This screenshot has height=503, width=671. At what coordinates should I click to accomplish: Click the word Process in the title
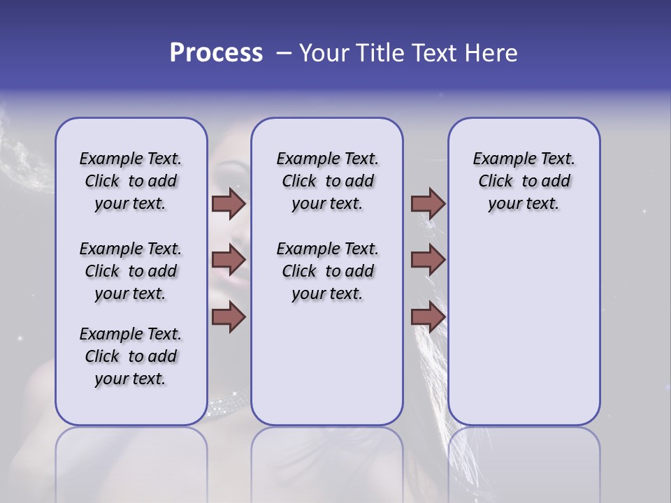216,53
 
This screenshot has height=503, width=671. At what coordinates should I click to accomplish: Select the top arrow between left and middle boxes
229,203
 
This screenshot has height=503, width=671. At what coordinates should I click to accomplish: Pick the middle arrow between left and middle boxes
229,261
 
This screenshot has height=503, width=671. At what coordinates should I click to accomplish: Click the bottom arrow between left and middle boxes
229,317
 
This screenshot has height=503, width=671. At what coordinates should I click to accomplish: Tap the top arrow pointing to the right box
428,203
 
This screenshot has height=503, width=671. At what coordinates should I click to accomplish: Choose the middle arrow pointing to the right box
428,261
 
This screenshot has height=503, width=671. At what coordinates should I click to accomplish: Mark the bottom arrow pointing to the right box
428,317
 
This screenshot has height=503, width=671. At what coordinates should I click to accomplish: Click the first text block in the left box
131,181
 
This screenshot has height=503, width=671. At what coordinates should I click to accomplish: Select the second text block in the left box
131,271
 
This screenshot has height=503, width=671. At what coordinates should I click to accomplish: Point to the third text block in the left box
131,356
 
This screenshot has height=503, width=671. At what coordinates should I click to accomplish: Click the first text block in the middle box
327,181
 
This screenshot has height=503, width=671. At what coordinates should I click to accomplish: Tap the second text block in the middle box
327,271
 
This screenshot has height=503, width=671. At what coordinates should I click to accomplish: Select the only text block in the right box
524,181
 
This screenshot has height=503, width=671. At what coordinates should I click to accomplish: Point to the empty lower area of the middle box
327,363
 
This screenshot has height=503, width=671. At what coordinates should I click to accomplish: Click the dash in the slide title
284,53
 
